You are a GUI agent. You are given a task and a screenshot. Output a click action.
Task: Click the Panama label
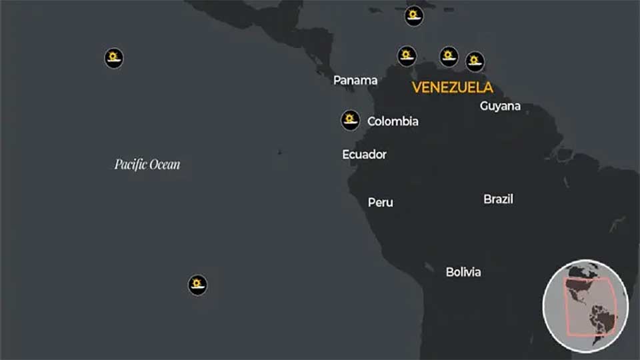[355, 81]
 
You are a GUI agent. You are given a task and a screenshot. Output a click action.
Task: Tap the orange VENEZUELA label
[453, 87]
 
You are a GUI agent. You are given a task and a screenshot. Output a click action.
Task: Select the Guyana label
[500, 106]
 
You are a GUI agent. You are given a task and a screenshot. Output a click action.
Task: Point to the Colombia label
[393, 121]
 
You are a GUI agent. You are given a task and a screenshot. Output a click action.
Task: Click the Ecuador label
[364, 155]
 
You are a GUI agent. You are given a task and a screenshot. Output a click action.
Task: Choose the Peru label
[381, 202]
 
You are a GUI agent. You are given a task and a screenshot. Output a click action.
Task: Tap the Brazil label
[498, 199]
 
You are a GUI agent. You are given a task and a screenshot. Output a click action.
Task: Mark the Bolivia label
[463, 272]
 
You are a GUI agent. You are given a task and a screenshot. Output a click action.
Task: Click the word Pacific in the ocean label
[129, 164]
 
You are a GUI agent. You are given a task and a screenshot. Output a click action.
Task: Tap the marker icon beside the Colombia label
[350, 120]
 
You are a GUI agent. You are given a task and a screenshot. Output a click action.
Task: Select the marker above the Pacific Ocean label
[114, 57]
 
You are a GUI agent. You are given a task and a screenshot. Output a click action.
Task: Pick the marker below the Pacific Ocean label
[197, 285]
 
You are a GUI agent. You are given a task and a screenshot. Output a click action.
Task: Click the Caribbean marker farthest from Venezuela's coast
[414, 15]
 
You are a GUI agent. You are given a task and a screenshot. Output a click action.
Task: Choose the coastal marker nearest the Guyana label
[475, 61]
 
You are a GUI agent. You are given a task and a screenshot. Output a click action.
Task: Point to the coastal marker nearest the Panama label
[407, 56]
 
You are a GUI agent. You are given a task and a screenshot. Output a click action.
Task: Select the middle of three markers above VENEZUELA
[449, 56]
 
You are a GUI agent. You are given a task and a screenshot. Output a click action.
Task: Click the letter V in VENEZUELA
[417, 87]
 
